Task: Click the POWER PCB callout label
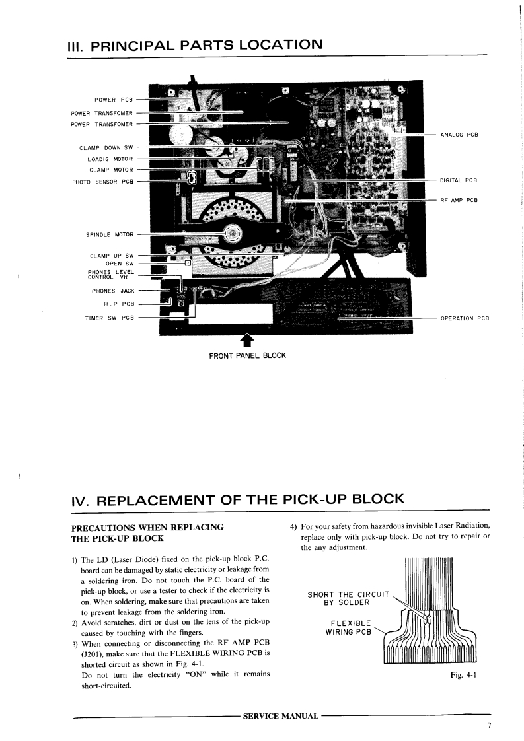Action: point(114,100)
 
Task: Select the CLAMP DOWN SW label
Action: point(106,147)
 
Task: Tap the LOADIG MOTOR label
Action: point(110,159)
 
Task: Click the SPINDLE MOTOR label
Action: point(110,234)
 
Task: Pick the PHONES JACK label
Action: point(113,291)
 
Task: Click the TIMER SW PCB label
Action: point(109,318)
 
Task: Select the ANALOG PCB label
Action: point(459,135)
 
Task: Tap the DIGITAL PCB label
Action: point(459,180)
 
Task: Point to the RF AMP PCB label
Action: point(459,199)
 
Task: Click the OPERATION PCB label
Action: point(465,318)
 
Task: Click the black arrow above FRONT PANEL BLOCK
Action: point(247,340)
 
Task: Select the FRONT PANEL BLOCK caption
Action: point(247,355)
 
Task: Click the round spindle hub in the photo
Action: point(232,232)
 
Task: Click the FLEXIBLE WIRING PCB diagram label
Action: point(350,627)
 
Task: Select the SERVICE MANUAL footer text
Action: point(281,716)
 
